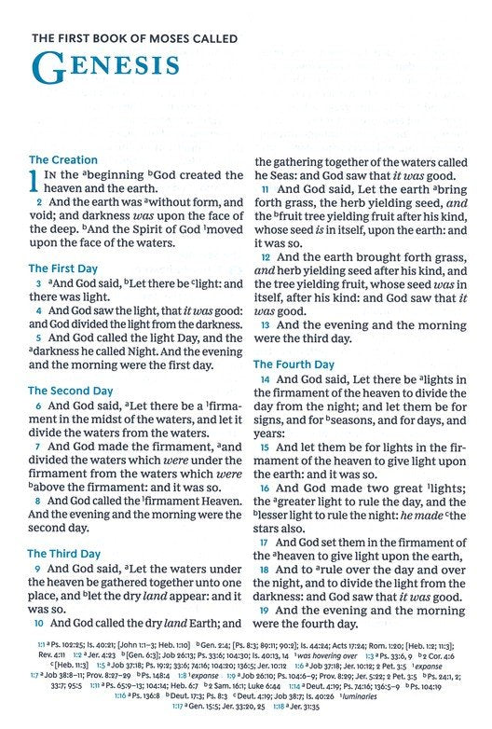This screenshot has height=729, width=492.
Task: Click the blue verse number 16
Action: [265, 488]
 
